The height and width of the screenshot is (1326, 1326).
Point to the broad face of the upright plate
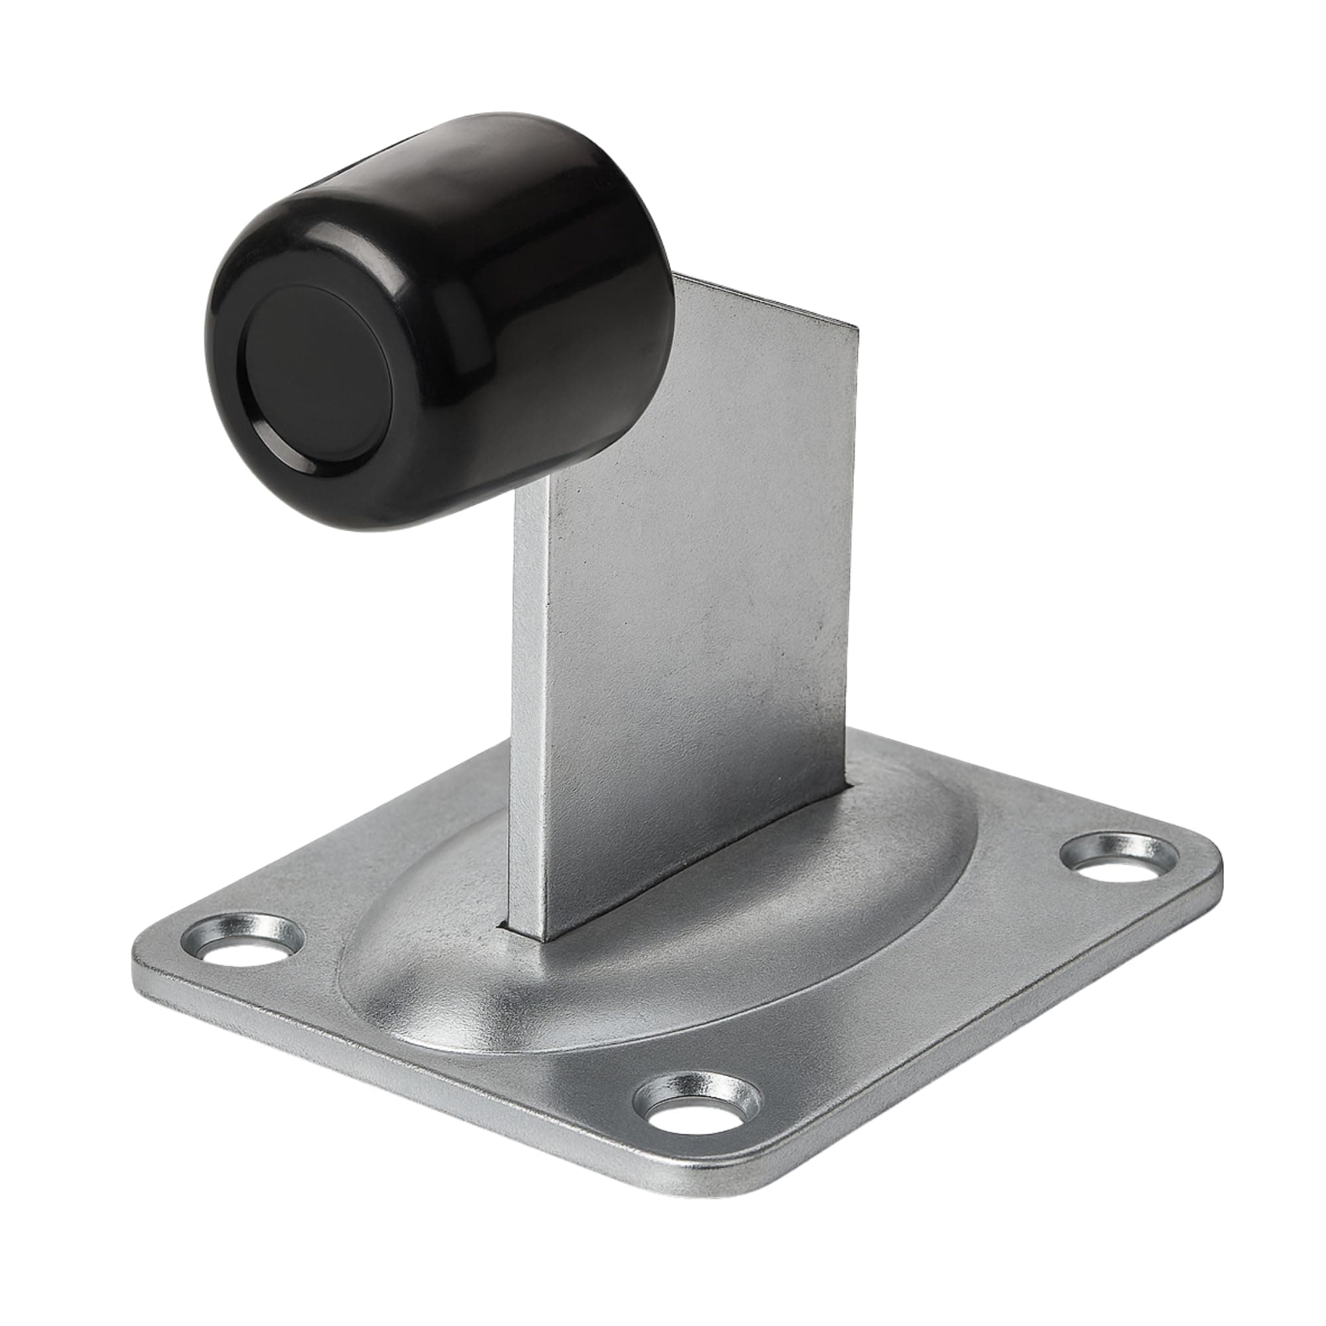[x=700, y=618]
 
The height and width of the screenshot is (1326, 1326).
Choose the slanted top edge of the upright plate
[x=768, y=302]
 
